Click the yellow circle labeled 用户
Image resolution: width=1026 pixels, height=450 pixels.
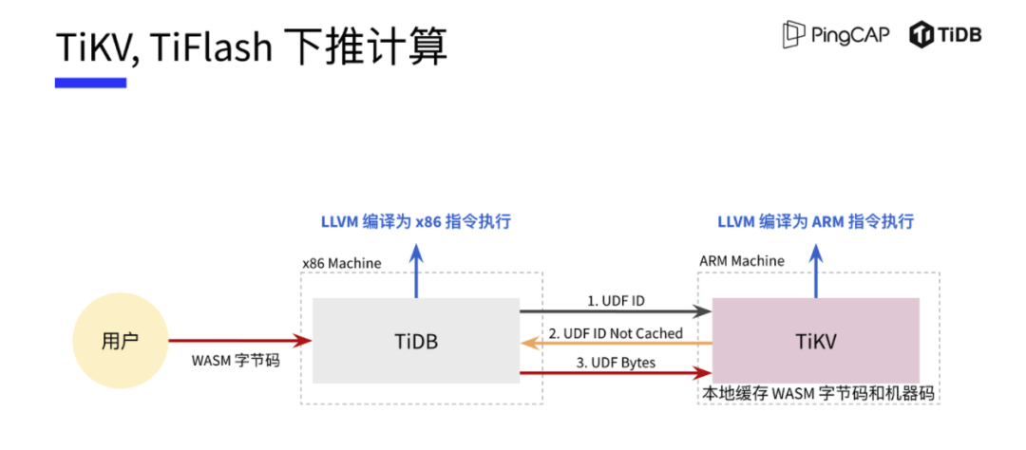120,340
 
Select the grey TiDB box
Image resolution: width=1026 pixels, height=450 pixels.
416,341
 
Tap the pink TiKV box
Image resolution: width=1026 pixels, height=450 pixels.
815,340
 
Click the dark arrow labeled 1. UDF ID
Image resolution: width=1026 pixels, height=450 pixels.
616,310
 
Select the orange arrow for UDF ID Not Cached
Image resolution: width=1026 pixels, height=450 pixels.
616,343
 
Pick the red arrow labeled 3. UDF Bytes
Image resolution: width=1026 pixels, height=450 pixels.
616,374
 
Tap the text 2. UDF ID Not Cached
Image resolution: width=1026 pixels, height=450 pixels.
617,332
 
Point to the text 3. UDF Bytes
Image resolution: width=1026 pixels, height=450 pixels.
616,364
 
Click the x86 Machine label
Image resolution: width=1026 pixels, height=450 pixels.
341,262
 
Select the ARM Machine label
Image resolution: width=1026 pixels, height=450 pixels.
742,260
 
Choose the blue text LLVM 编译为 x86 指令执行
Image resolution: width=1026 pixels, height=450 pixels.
415,222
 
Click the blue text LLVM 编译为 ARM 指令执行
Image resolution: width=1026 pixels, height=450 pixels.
814,222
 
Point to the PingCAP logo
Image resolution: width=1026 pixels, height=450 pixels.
834,35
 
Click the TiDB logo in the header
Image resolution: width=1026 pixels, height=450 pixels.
945,35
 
